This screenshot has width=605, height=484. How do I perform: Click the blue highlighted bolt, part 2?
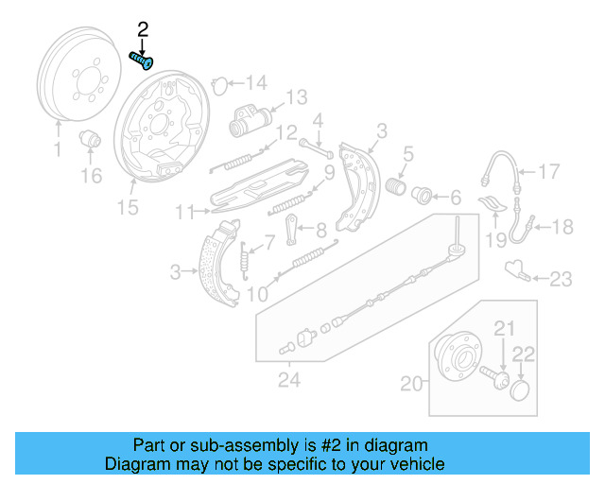point(142,60)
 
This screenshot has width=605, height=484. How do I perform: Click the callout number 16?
point(90,176)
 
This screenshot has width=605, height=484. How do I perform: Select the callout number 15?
point(127,207)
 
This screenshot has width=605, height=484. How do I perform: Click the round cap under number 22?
point(519,389)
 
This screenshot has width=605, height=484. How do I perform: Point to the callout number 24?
point(288,382)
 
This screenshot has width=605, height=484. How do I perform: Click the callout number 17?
point(549,171)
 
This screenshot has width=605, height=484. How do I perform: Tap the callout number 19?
point(496,239)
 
